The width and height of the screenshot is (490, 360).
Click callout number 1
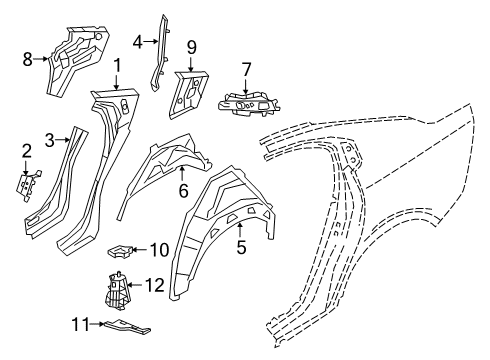(118, 66)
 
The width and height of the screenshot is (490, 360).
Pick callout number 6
(184, 189)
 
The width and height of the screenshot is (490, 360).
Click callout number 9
(190, 46)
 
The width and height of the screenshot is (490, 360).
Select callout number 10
(160, 249)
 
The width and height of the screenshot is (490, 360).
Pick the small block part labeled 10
(123, 249)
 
